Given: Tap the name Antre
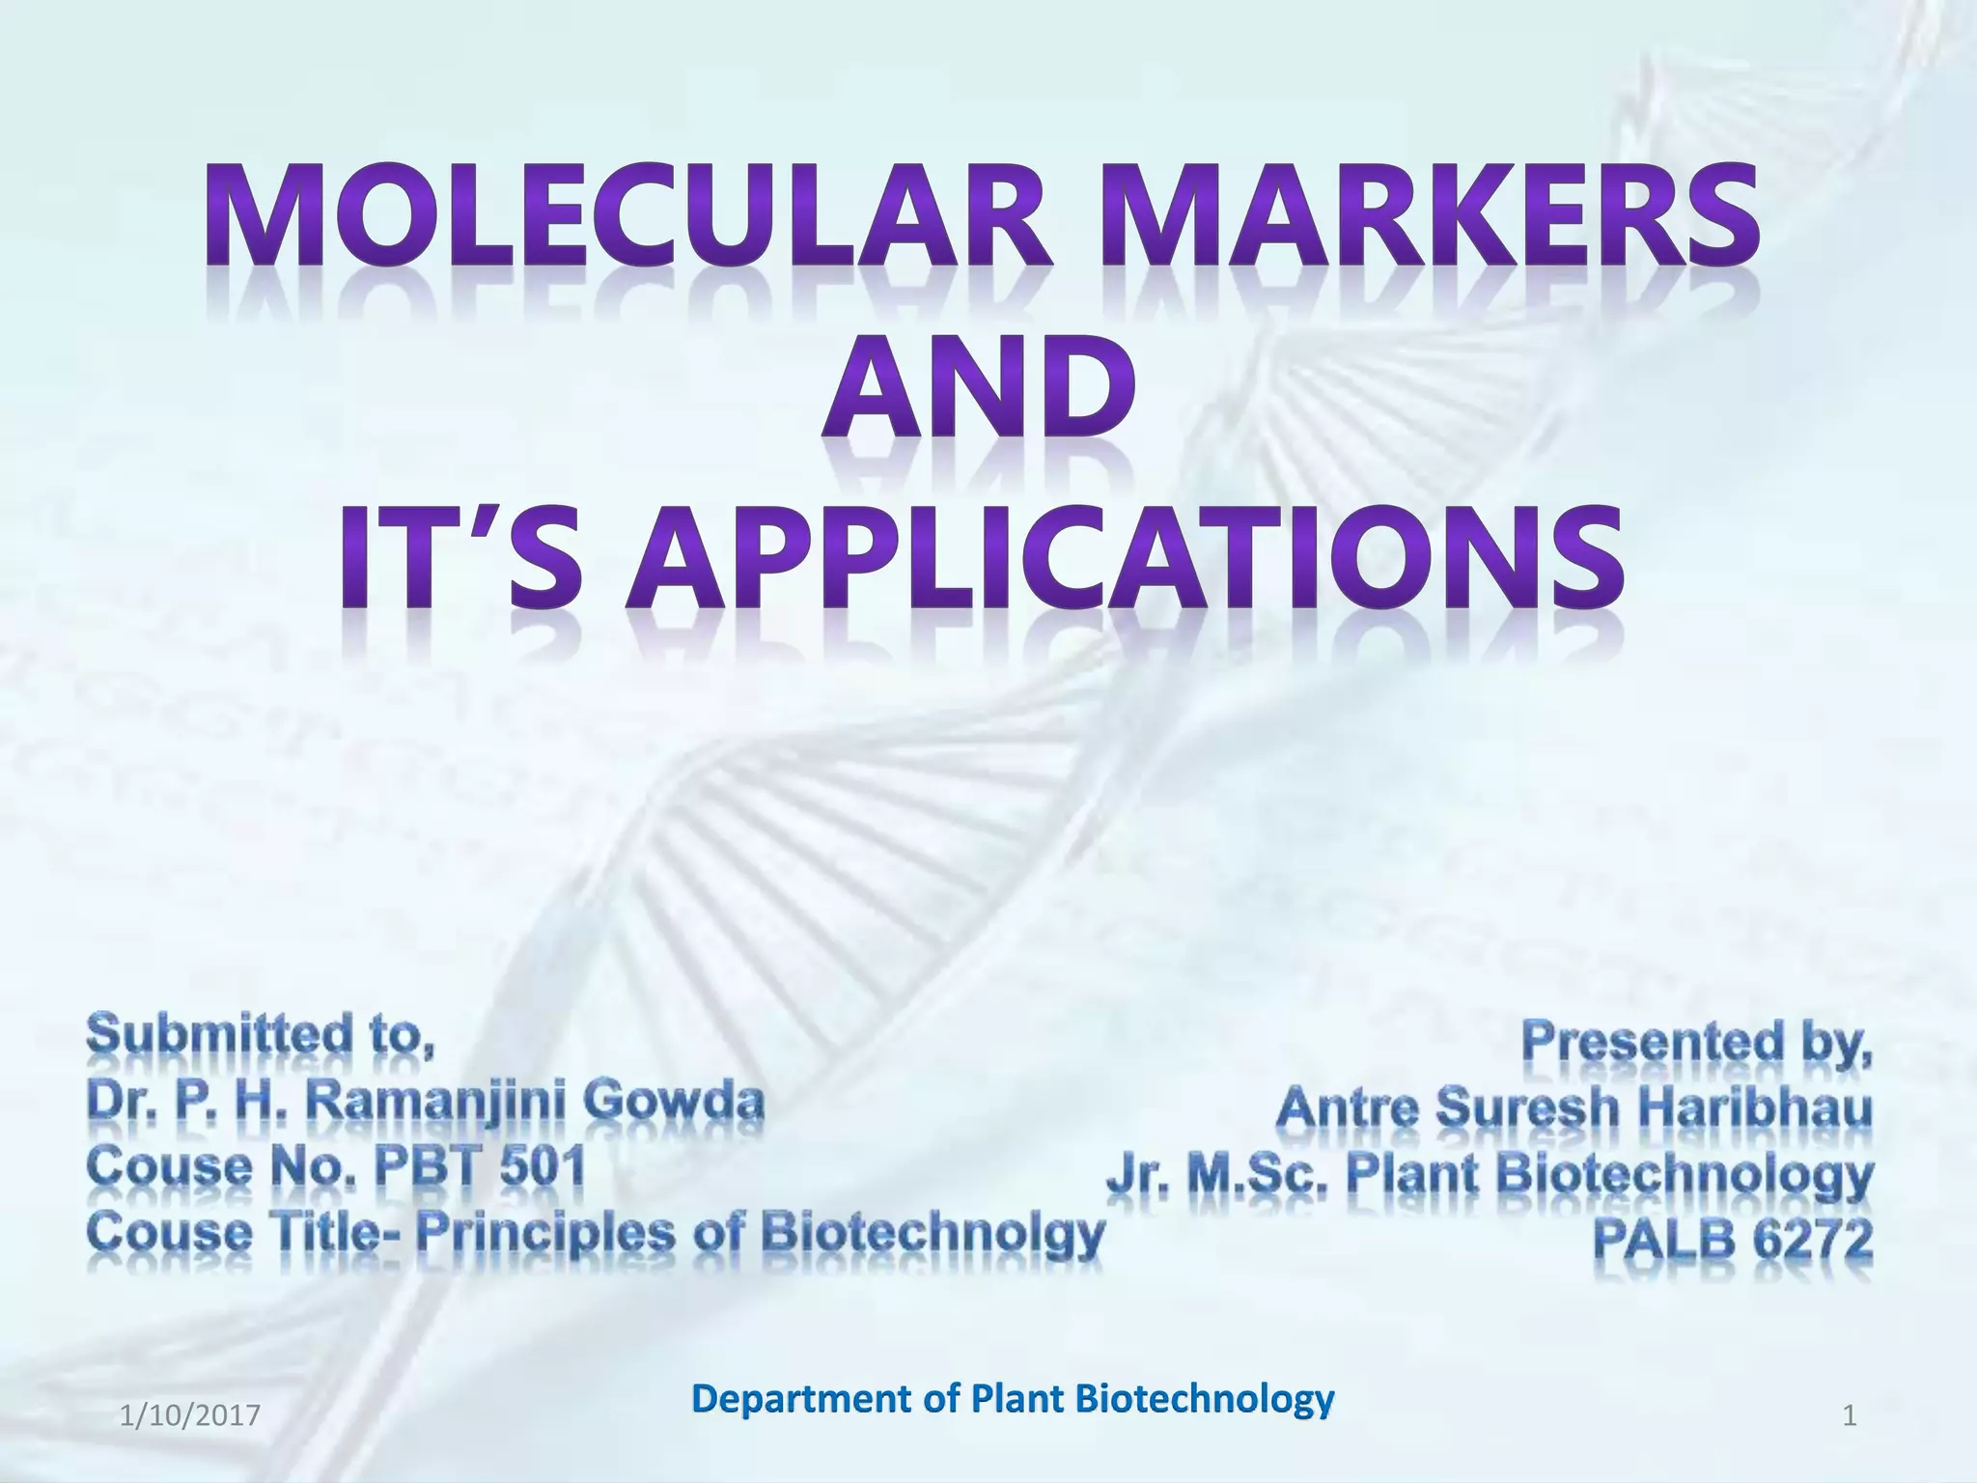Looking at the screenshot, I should (1347, 1107).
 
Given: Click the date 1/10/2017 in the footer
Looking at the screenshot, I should (190, 1417).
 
